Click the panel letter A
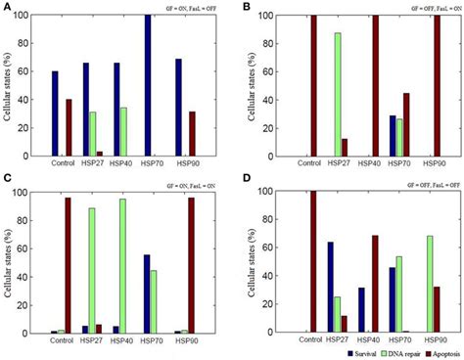point(7,8)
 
